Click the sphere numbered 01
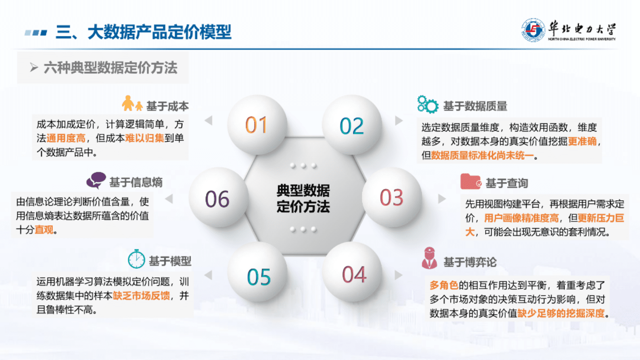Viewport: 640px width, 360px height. point(256,125)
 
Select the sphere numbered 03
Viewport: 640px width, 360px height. point(392,197)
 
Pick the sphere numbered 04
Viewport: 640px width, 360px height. point(354,274)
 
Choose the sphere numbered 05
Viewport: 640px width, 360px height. point(259,276)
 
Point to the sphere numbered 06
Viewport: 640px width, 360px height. point(217,199)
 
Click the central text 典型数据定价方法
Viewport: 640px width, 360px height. point(303,198)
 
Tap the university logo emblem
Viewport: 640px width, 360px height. point(533,30)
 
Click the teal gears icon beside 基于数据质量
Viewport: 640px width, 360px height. point(427,105)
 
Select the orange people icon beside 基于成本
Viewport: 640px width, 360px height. point(132,104)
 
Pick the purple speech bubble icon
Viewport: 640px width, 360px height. point(96,180)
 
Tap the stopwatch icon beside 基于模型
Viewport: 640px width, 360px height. point(136,259)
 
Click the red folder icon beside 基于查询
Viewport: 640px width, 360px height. point(471,182)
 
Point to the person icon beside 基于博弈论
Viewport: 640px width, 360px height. point(429,258)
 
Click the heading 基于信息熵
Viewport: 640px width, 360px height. point(136,182)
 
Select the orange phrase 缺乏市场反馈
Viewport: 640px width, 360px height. point(141,296)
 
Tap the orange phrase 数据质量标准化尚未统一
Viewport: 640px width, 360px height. point(482,155)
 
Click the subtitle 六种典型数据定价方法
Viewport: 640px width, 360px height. point(110,68)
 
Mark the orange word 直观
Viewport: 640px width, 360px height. point(44,230)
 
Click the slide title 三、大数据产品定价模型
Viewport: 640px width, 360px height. point(144,32)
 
